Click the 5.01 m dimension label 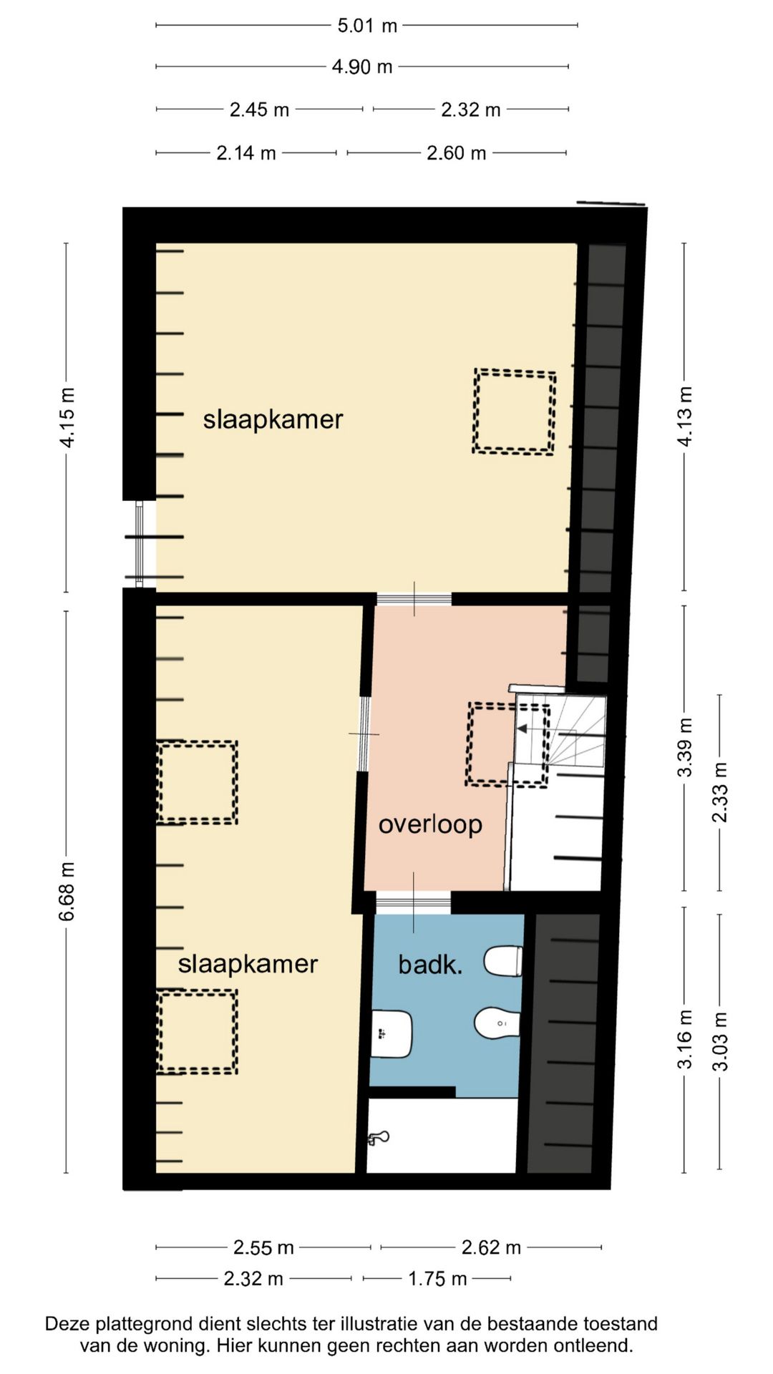tap(367, 26)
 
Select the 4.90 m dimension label tap(362, 67)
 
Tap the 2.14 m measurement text tap(246, 153)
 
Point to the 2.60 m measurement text tap(457, 153)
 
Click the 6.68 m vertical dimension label tap(67, 892)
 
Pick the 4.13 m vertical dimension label tap(685, 416)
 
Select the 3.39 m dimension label tap(685, 747)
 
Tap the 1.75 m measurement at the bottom tap(437, 1278)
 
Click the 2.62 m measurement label tap(491, 1247)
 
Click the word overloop tap(430, 824)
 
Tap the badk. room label tap(430, 965)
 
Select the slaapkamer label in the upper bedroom tap(273, 419)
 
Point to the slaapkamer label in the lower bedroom tap(248, 964)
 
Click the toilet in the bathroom tap(503, 961)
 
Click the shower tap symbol tap(378, 1138)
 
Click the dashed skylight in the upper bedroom tap(514, 411)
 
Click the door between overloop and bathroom tap(414, 903)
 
